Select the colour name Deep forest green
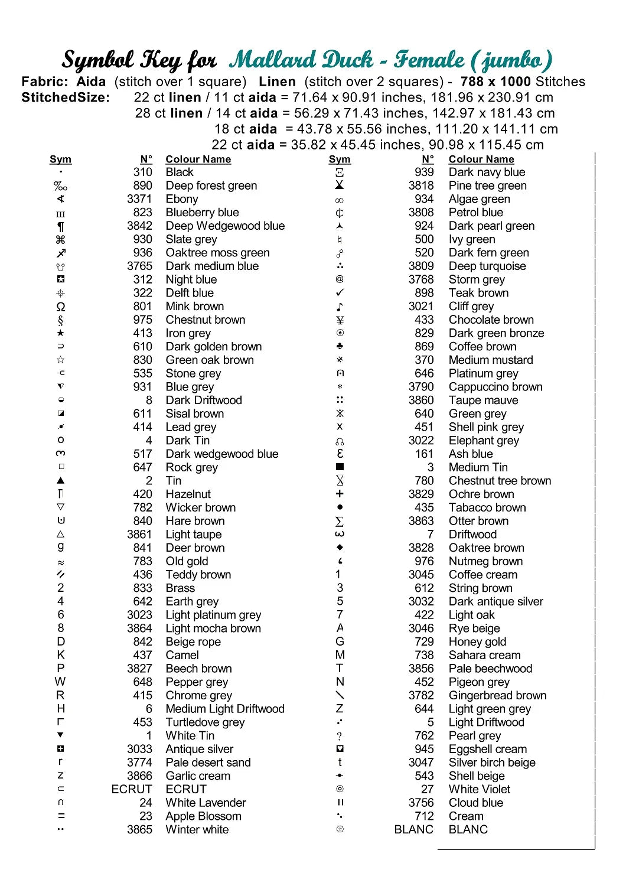211,185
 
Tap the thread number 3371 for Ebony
139,199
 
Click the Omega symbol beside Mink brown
61,307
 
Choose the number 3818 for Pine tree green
420,185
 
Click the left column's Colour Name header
198,159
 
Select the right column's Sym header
340,159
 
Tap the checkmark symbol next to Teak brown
340,293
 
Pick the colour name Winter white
197,829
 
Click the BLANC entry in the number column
413,829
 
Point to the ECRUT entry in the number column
132,789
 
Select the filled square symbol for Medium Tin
340,467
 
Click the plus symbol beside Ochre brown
340,494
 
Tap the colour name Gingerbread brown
497,695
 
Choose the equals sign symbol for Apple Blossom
61,816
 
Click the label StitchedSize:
66,97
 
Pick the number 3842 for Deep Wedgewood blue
139,226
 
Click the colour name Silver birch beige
492,763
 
